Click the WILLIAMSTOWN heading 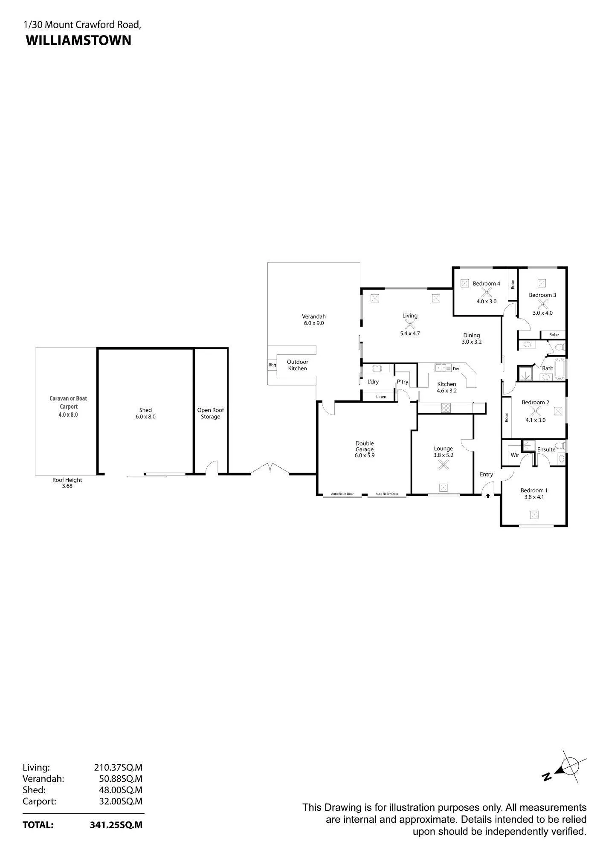[78, 41]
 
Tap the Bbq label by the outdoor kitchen [272, 365]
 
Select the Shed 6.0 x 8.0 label [145, 413]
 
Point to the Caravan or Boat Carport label [68, 402]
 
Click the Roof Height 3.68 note [67, 483]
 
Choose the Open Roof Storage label [211, 413]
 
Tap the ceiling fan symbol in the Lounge [443, 466]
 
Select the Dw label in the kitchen [456, 368]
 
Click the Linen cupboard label [381, 397]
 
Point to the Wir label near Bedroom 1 [515, 455]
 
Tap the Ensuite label [546, 450]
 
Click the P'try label [403, 382]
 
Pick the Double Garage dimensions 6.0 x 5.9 [365, 456]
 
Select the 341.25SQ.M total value [116, 825]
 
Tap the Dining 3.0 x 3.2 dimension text [472, 342]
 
